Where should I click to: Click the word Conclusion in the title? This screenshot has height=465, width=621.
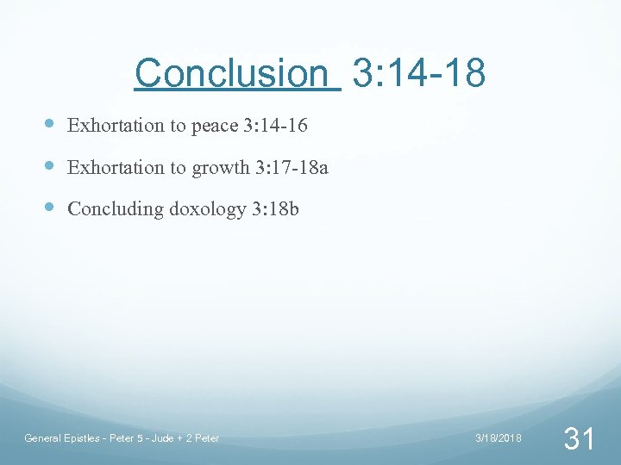pos(230,73)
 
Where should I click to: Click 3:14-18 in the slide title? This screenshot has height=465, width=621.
pos(419,73)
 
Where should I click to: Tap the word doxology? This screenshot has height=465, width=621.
pos(209,210)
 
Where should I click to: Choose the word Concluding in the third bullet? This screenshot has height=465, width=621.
pos(115,209)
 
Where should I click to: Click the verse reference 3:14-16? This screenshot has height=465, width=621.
pos(275,126)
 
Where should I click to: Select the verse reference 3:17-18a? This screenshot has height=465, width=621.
pos(292,168)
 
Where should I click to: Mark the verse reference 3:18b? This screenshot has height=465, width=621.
pos(275,209)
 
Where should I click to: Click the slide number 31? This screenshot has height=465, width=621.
pos(578,439)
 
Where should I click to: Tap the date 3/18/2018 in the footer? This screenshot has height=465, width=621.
pos(499,439)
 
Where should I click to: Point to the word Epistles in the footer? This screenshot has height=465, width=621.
pos(85,439)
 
